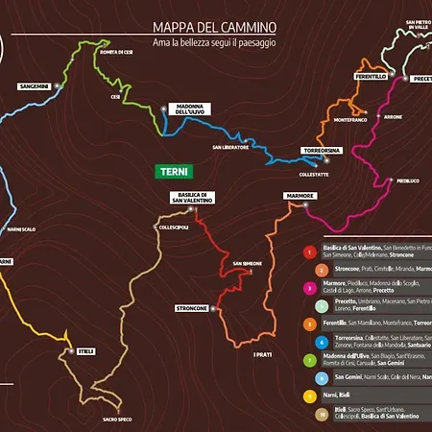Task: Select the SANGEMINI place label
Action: click(34, 86)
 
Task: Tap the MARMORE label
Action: click(300, 196)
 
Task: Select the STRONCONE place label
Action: click(192, 307)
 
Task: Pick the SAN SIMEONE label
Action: click(248, 263)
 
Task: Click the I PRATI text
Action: click(263, 354)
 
